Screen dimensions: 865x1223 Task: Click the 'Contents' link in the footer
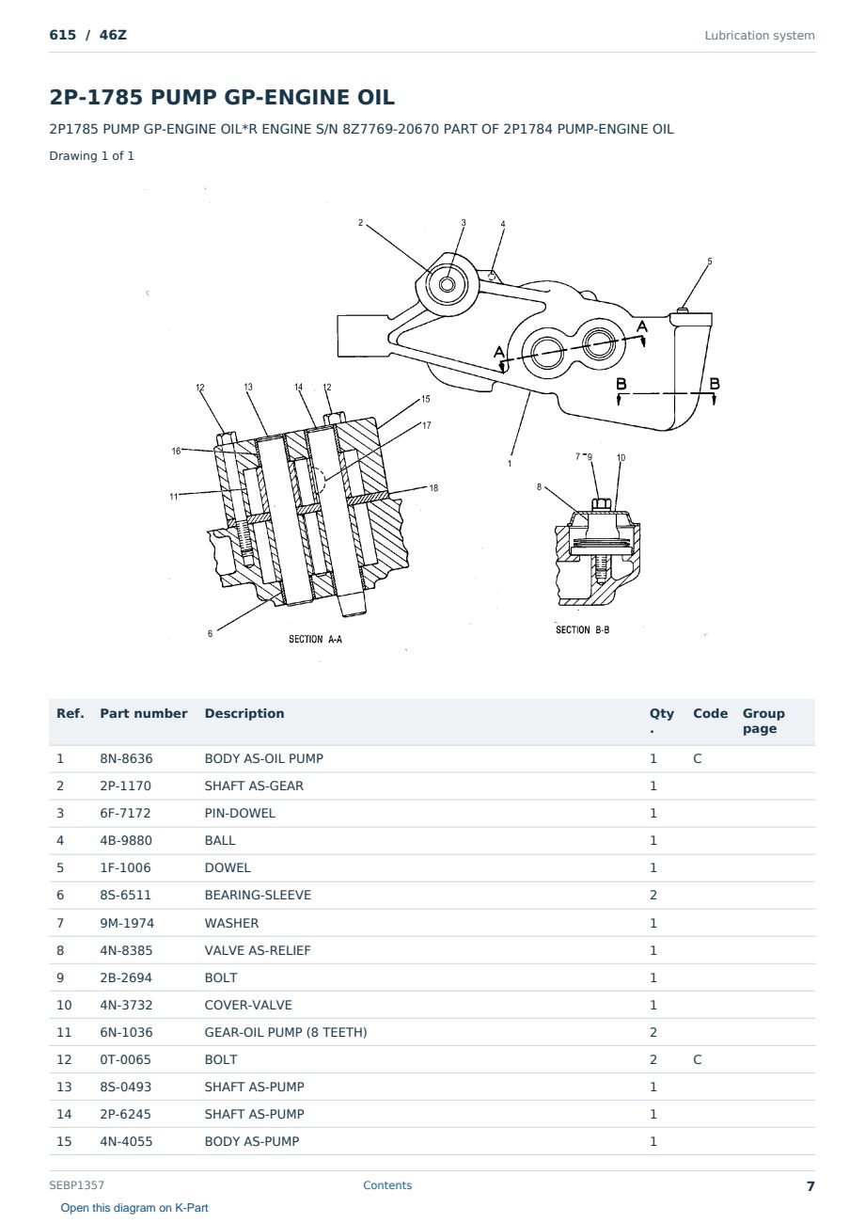click(387, 1185)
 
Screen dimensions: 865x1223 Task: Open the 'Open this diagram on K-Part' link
click(134, 1208)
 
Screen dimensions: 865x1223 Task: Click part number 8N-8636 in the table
click(126, 758)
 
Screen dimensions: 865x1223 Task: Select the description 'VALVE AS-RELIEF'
click(258, 950)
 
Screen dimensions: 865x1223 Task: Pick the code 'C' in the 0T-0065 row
click(698, 1059)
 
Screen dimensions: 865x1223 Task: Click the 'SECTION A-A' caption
click(315, 640)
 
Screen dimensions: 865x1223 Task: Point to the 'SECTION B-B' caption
click(582, 629)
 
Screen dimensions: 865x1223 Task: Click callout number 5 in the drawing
click(710, 262)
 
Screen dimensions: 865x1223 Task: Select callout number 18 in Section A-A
click(433, 488)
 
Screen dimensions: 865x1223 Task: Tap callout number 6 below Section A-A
click(210, 633)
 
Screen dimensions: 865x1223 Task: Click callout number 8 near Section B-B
click(539, 486)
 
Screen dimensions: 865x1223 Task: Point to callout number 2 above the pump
click(360, 222)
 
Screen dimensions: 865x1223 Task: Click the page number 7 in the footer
click(810, 1186)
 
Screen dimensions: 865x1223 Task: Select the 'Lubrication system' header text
click(759, 36)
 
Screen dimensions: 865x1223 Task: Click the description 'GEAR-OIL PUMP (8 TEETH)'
click(286, 1032)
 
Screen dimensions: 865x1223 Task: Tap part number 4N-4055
click(126, 1142)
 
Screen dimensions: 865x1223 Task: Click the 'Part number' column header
click(144, 714)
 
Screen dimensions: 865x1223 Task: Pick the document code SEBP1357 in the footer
click(77, 1185)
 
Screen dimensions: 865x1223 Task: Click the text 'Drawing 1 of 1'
click(92, 156)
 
